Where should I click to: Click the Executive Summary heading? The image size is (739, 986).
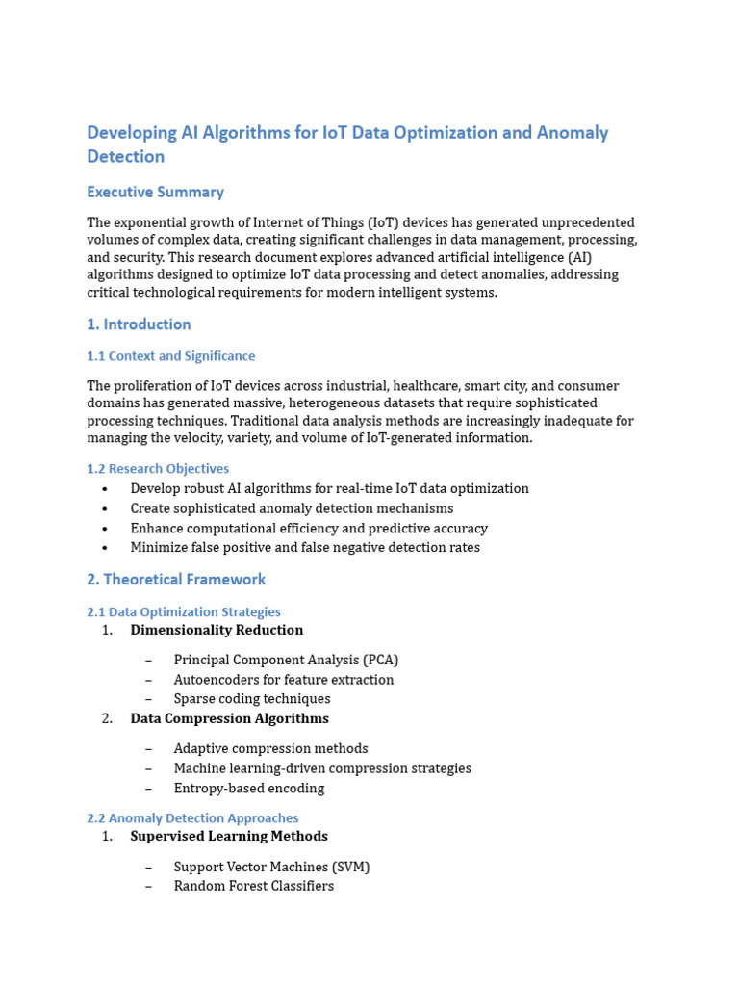click(155, 192)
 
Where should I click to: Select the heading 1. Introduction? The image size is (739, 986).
click(139, 324)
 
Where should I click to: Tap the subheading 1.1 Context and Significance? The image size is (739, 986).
click(170, 356)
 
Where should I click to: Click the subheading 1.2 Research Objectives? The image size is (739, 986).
click(158, 469)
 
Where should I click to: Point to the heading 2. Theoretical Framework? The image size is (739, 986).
click(176, 579)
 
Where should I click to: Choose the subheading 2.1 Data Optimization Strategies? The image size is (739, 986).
click(184, 611)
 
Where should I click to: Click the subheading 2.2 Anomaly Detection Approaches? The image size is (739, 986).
click(192, 817)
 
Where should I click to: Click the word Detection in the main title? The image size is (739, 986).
click(125, 156)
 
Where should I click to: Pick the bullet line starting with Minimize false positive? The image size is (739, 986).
click(305, 547)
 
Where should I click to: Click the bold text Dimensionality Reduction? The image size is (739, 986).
click(217, 630)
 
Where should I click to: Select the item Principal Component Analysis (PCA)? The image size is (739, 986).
click(286, 660)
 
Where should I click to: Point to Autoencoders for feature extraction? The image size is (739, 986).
click(284, 679)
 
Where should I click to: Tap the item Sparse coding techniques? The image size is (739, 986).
click(252, 698)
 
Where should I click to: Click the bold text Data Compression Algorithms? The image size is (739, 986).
click(229, 718)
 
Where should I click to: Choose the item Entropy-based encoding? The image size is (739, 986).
click(249, 788)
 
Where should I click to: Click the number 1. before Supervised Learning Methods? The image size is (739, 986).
click(107, 836)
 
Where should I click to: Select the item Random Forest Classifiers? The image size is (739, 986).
click(254, 886)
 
